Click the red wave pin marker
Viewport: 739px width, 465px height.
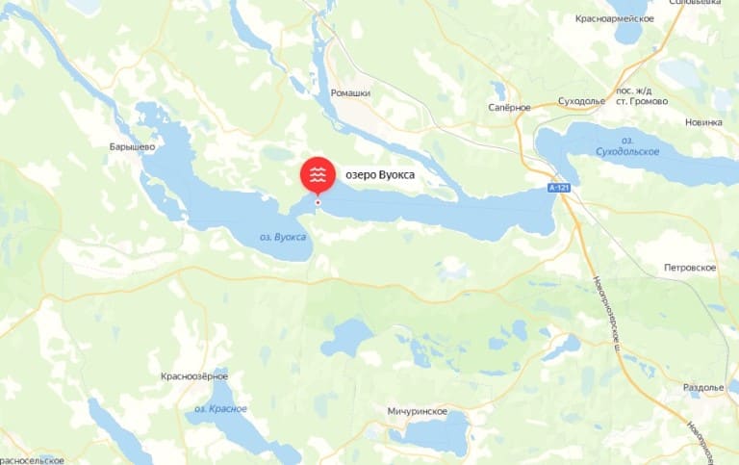tap(318, 174)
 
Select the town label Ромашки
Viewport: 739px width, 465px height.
tap(350, 93)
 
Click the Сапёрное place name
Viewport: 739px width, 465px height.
tap(509, 107)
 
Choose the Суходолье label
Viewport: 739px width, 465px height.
tap(582, 101)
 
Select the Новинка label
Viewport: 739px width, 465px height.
tap(702, 122)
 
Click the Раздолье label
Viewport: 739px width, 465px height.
tap(702, 387)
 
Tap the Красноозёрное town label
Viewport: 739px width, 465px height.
tap(194, 375)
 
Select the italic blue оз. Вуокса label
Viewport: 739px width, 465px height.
tap(283, 237)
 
